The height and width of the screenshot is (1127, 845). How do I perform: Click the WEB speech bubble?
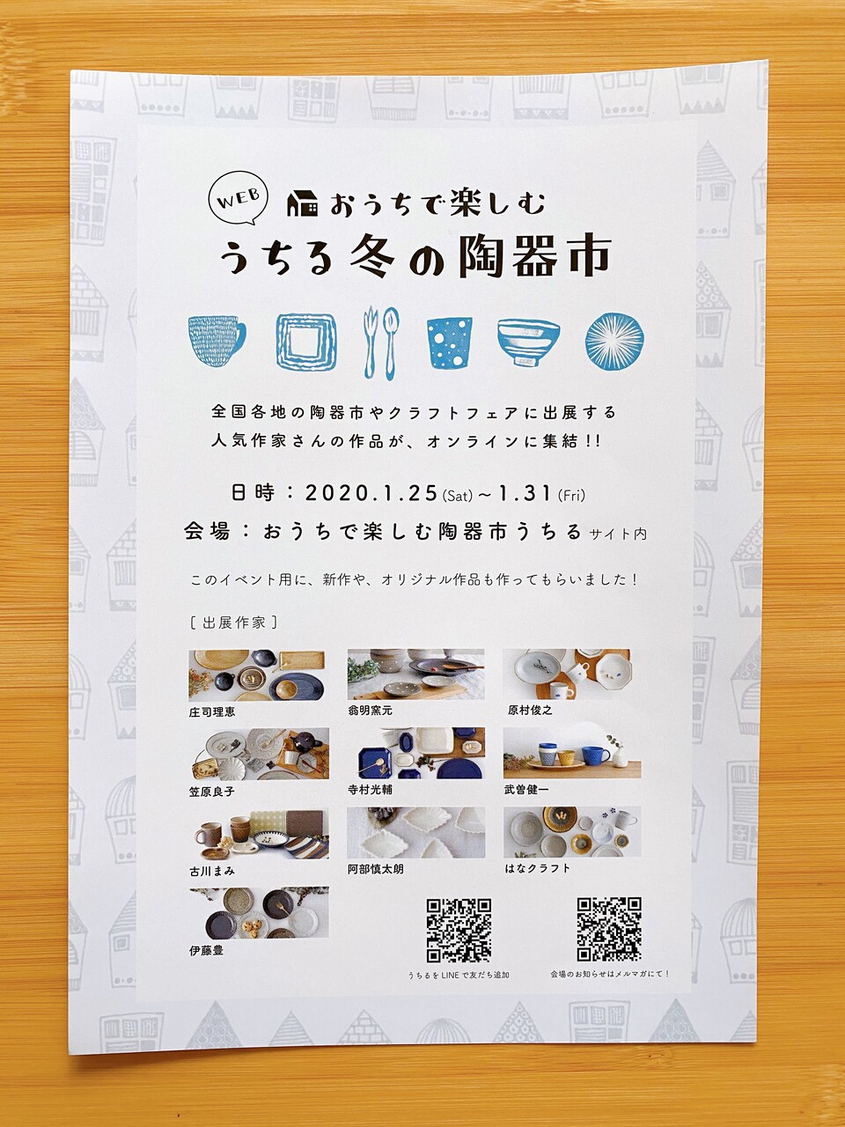[x=239, y=202]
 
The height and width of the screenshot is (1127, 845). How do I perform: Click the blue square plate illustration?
[x=306, y=341]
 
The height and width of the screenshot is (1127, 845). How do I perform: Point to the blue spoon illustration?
[x=392, y=343]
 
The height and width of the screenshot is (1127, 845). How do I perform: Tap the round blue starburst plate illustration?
[x=614, y=341]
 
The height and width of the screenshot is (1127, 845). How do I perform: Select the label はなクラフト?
[x=537, y=868]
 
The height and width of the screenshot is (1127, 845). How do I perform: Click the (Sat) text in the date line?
[x=457, y=497]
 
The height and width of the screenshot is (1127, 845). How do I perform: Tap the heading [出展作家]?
[x=233, y=622]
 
